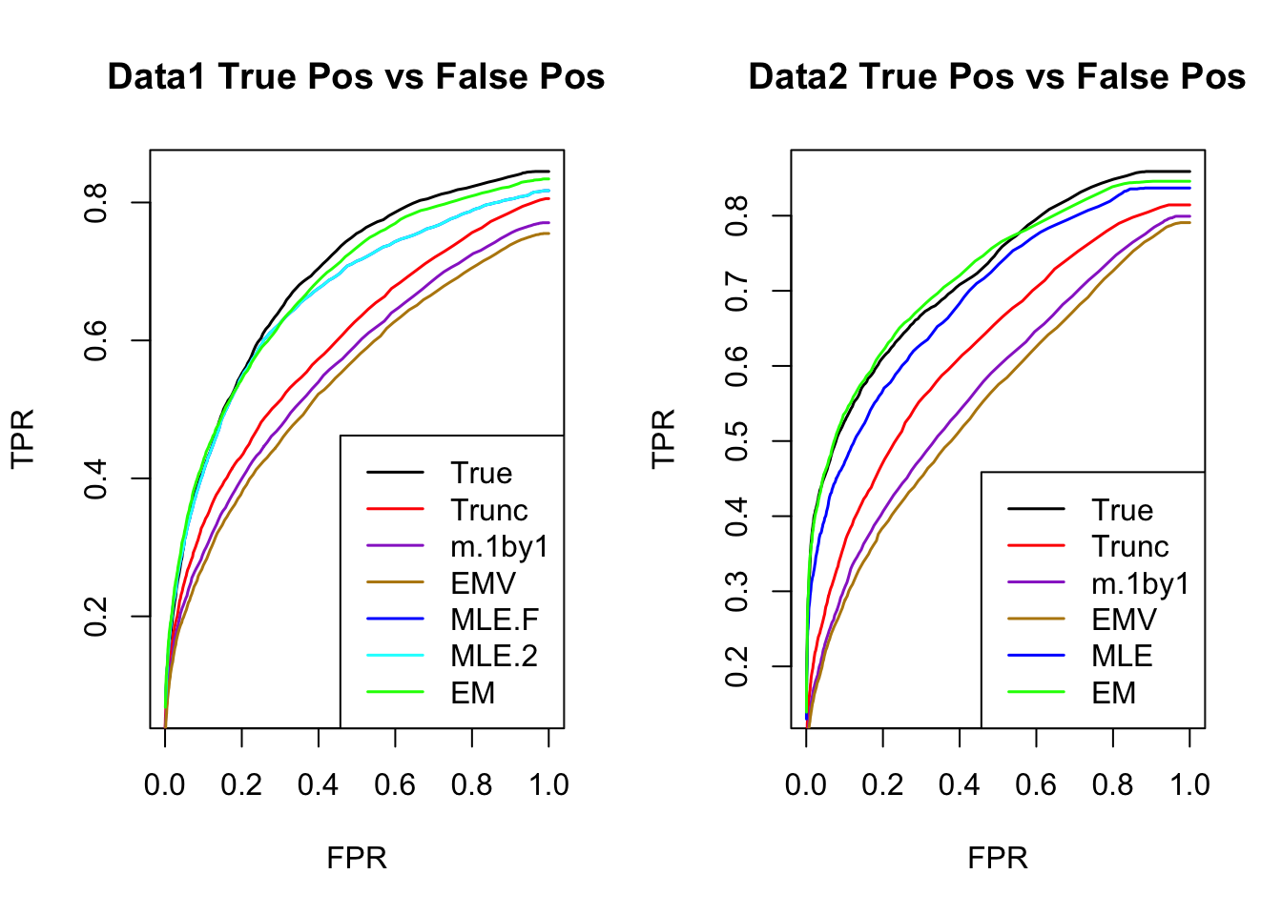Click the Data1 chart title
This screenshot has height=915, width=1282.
356,77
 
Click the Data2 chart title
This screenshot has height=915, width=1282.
997,77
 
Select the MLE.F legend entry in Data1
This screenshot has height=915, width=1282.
494,620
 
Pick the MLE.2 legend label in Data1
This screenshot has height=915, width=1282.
494,656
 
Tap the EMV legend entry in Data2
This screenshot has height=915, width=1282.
1124,620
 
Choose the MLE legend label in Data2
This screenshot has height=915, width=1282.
1122,656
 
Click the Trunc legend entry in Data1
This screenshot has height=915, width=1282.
489,510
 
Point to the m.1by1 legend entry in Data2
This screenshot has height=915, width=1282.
1141,583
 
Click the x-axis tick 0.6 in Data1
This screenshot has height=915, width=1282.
395,785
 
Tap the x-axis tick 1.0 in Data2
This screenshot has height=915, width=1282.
1189,785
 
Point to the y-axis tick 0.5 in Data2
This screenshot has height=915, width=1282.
736,441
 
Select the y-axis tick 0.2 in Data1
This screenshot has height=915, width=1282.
95,616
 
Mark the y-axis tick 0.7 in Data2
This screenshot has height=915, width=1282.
736,291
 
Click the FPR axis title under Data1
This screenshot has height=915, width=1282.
357,858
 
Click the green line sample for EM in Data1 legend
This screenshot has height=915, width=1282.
395,693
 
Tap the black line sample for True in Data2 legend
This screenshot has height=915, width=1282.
1036,510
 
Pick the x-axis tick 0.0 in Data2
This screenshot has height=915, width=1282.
806,785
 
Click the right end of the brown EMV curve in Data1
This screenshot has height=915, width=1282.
548,234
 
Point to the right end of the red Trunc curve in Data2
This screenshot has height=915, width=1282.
1189,205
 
